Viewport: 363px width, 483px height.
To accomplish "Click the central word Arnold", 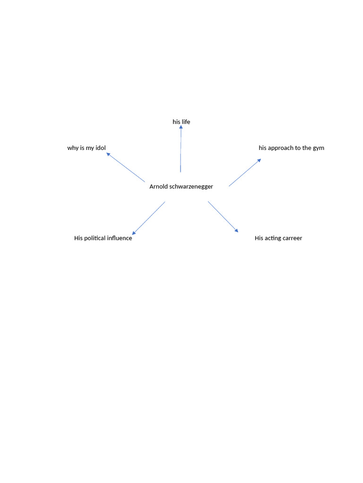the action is [x=158, y=186].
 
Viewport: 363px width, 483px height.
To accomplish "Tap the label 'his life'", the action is [x=181, y=122].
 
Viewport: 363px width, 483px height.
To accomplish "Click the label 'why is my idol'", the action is [x=86, y=148].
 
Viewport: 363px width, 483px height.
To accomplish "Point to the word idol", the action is [x=101, y=148].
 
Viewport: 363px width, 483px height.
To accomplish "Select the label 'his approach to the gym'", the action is [x=291, y=148].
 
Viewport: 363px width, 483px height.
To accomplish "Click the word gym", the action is [x=319, y=148].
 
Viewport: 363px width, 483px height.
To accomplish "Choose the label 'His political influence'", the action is [x=103, y=238].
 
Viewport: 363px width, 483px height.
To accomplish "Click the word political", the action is [x=96, y=238].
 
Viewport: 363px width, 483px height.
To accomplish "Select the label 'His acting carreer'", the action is [x=278, y=238].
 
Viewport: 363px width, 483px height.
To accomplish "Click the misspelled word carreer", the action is [x=292, y=238].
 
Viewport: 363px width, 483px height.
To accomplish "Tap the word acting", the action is [x=273, y=238].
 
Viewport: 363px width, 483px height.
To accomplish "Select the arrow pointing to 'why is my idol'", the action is [x=126, y=167].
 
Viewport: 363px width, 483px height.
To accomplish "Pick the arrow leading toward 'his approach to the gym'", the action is [x=245, y=173].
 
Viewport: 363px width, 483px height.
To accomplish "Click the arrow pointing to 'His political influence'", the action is [x=149, y=218].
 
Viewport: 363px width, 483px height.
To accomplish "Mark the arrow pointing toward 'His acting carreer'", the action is [x=223, y=217].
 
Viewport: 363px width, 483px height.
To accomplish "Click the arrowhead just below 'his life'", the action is [x=181, y=128].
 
